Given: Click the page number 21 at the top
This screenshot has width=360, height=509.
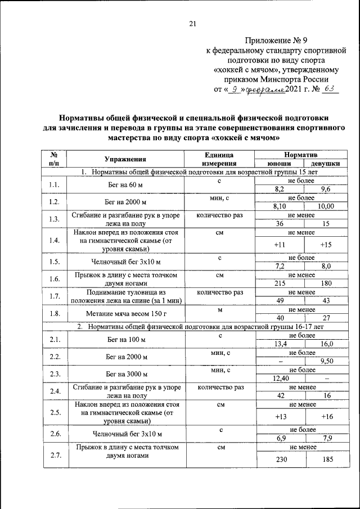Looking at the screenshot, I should click(x=192, y=23).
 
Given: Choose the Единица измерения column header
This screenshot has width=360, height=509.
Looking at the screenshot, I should click(x=219, y=159).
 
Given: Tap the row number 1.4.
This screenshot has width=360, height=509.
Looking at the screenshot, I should click(x=55, y=241).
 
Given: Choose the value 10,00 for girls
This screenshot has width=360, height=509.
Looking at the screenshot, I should click(x=326, y=206).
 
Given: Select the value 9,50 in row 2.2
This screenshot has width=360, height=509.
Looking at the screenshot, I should click(x=326, y=361).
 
